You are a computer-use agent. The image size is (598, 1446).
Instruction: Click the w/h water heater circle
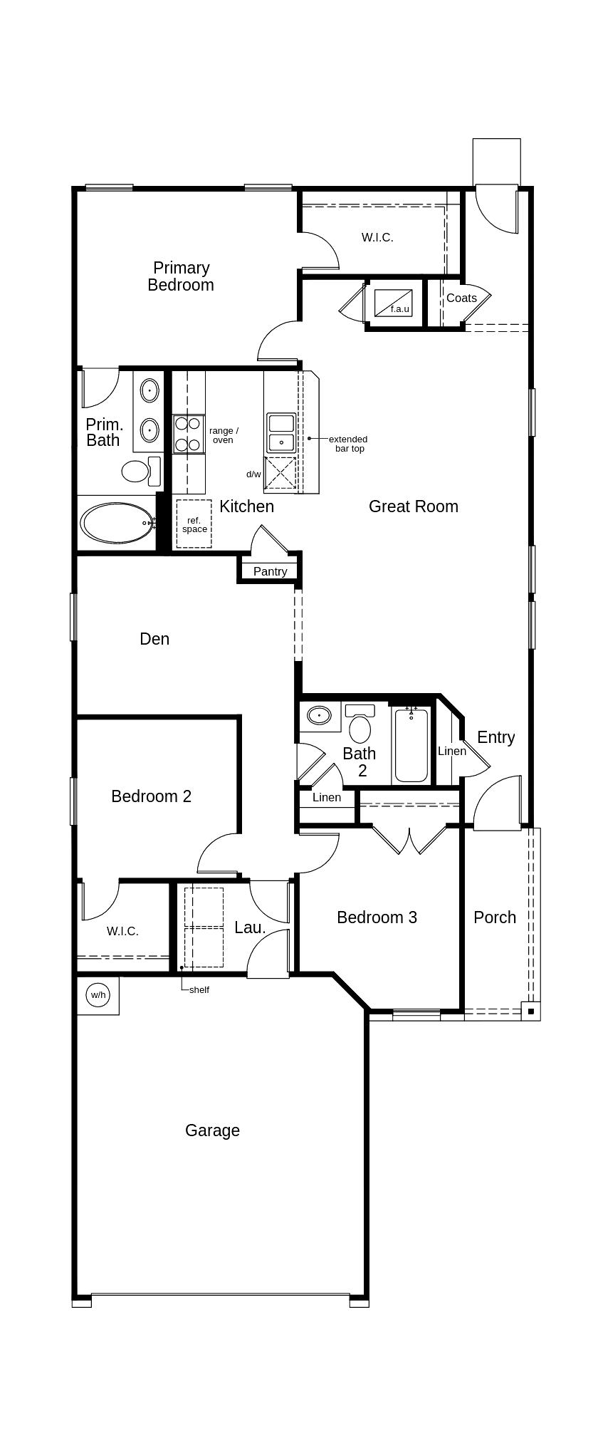[x=98, y=994]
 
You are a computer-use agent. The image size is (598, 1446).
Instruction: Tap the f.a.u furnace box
[x=394, y=303]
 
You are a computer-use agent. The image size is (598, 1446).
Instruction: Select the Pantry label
[x=270, y=571]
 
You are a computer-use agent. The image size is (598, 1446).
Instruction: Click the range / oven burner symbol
[x=189, y=435]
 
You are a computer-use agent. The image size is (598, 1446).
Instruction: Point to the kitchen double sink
[x=281, y=432]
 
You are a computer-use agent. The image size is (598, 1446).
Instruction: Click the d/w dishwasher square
[x=280, y=473]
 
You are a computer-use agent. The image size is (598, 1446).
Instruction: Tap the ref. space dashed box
[x=194, y=524]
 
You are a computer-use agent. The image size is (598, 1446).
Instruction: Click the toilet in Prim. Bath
[x=135, y=471]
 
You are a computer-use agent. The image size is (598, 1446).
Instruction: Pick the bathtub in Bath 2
[x=411, y=744]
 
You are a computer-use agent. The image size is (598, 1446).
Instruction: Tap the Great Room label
[x=413, y=506]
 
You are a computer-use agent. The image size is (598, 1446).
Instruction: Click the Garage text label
[x=212, y=1130]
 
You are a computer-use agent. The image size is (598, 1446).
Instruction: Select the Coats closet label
[x=461, y=298]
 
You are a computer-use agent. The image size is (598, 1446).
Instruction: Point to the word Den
[x=154, y=639]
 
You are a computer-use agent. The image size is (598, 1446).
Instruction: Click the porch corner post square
[x=530, y=1011]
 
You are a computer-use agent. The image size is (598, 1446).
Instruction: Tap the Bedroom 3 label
[x=377, y=917]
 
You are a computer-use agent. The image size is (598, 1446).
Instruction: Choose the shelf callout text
[x=199, y=989]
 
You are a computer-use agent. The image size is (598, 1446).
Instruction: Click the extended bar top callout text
[x=348, y=444]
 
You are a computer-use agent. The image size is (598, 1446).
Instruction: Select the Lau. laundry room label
[x=250, y=927]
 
